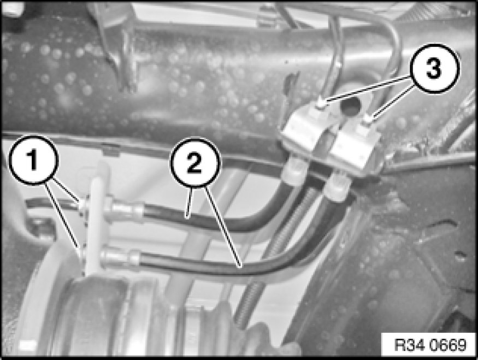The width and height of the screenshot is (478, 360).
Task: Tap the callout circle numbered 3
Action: click(x=433, y=69)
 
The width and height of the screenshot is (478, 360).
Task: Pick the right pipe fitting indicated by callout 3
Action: click(x=369, y=120)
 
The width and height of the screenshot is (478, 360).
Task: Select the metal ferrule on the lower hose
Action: click(x=120, y=257)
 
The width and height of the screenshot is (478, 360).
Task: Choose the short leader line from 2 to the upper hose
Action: click(x=189, y=202)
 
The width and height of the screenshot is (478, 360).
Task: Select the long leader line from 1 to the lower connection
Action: click(x=64, y=217)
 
